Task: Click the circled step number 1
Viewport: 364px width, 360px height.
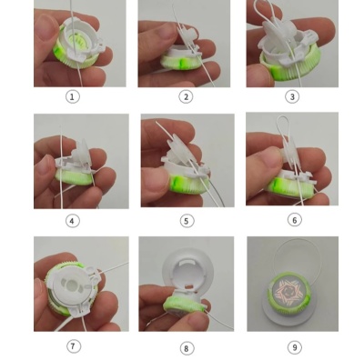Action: (x=72, y=96)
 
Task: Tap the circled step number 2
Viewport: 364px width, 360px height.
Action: (x=186, y=96)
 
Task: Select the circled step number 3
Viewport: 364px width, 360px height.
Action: (x=292, y=96)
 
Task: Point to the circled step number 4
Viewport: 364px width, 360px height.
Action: (x=72, y=221)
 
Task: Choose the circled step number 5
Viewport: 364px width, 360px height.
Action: (x=187, y=221)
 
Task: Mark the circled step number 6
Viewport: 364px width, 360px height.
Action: (x=294, y=220)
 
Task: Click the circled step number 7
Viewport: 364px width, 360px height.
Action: (x=73, y=346)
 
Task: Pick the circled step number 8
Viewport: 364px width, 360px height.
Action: (x=187, y=348)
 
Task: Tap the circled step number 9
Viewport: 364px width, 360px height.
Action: (x=294, y=347)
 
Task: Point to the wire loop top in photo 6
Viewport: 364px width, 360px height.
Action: (x=283, y=116)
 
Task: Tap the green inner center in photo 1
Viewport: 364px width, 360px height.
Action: (x=75, y=42)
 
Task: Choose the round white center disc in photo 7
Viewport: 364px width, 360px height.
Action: (x=72, y=285)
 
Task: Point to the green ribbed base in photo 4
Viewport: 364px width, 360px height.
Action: (x=75, y=177)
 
